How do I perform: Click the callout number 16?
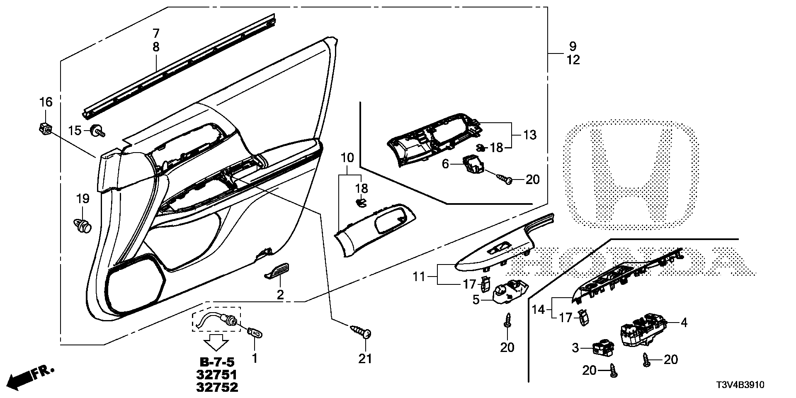point(46,102)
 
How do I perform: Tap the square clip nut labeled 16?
point(46,130)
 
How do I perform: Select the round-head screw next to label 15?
point(98,131)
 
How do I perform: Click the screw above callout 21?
point(362,332)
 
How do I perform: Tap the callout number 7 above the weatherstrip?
point(156,33)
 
